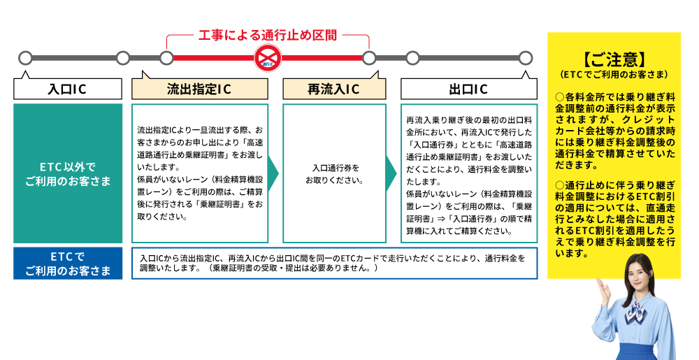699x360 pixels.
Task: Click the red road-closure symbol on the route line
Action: click(267, 57)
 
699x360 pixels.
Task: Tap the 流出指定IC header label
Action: click(199, 89)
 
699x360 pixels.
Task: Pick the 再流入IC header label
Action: click(333, 89)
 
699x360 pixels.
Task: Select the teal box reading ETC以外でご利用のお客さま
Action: click(67, 174)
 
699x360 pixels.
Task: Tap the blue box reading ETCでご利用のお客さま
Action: click(67, 264)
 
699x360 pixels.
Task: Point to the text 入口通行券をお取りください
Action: click(334, 174)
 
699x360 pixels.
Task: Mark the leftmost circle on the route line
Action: click(26, 57)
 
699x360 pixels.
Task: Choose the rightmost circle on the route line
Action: click(525, 57)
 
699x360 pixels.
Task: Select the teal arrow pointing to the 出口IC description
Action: click(392, 174)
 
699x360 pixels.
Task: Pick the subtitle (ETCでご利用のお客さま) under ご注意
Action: click(614, 73)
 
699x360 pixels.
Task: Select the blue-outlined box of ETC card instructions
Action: click(334, 263)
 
